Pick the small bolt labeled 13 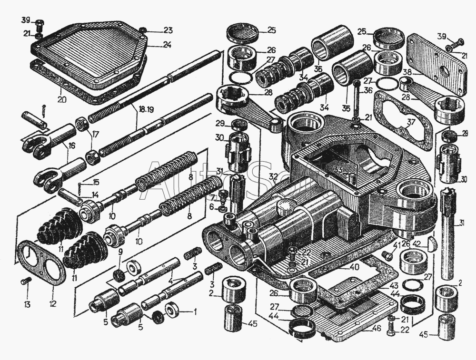point(26,282)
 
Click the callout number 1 point(194,312)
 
